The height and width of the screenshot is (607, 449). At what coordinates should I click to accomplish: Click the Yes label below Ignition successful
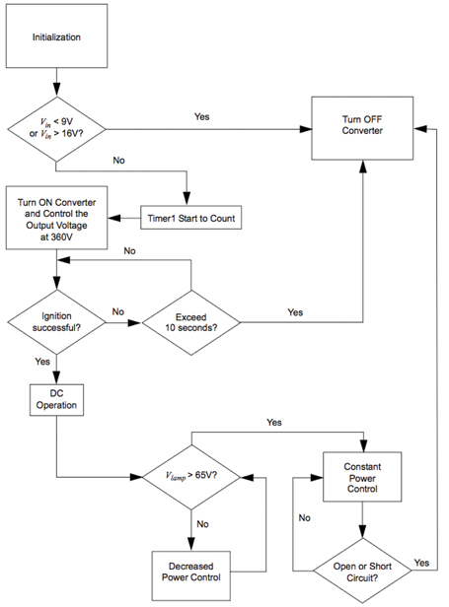point(42,361)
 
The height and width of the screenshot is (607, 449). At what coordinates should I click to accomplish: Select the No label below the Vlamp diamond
point(201,524)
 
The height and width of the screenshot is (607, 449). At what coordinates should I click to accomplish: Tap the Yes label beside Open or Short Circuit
point(422,563)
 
